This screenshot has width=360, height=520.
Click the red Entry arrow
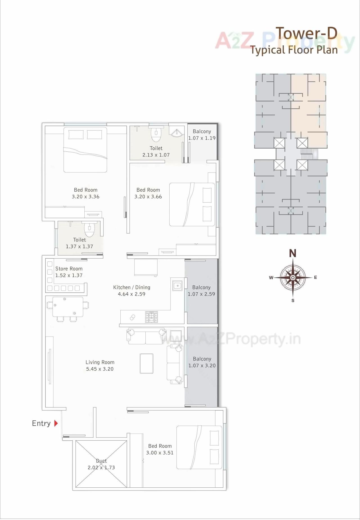coord(56,423)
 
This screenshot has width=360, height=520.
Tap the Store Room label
coord(69,269)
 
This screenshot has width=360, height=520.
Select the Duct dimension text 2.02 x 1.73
coord(101,467)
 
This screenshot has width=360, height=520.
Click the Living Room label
coord(100,362)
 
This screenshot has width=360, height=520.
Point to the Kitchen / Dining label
coord(132,287)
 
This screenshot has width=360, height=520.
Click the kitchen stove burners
coord(151,317)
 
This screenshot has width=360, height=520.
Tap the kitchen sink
coord(177,286)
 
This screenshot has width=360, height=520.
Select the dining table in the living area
coord(68,306)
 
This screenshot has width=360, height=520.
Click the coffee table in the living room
coord(147,363)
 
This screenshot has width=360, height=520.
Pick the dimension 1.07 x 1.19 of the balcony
coord(202,138)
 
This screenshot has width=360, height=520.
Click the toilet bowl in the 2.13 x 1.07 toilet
coord(156,135)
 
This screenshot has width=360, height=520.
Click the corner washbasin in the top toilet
coord(176,133)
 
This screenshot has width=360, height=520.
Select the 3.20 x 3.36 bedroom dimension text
coord(85,197)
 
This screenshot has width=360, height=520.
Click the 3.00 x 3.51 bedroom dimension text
coord(160,453)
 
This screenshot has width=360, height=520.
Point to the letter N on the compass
coord(293,254)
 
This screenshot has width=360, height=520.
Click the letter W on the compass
coord(271,278)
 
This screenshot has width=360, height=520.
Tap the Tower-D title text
coord(306,33)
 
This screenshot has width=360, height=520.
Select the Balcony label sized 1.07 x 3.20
coord(202,359)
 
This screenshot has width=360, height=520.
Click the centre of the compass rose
coord(293,278)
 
